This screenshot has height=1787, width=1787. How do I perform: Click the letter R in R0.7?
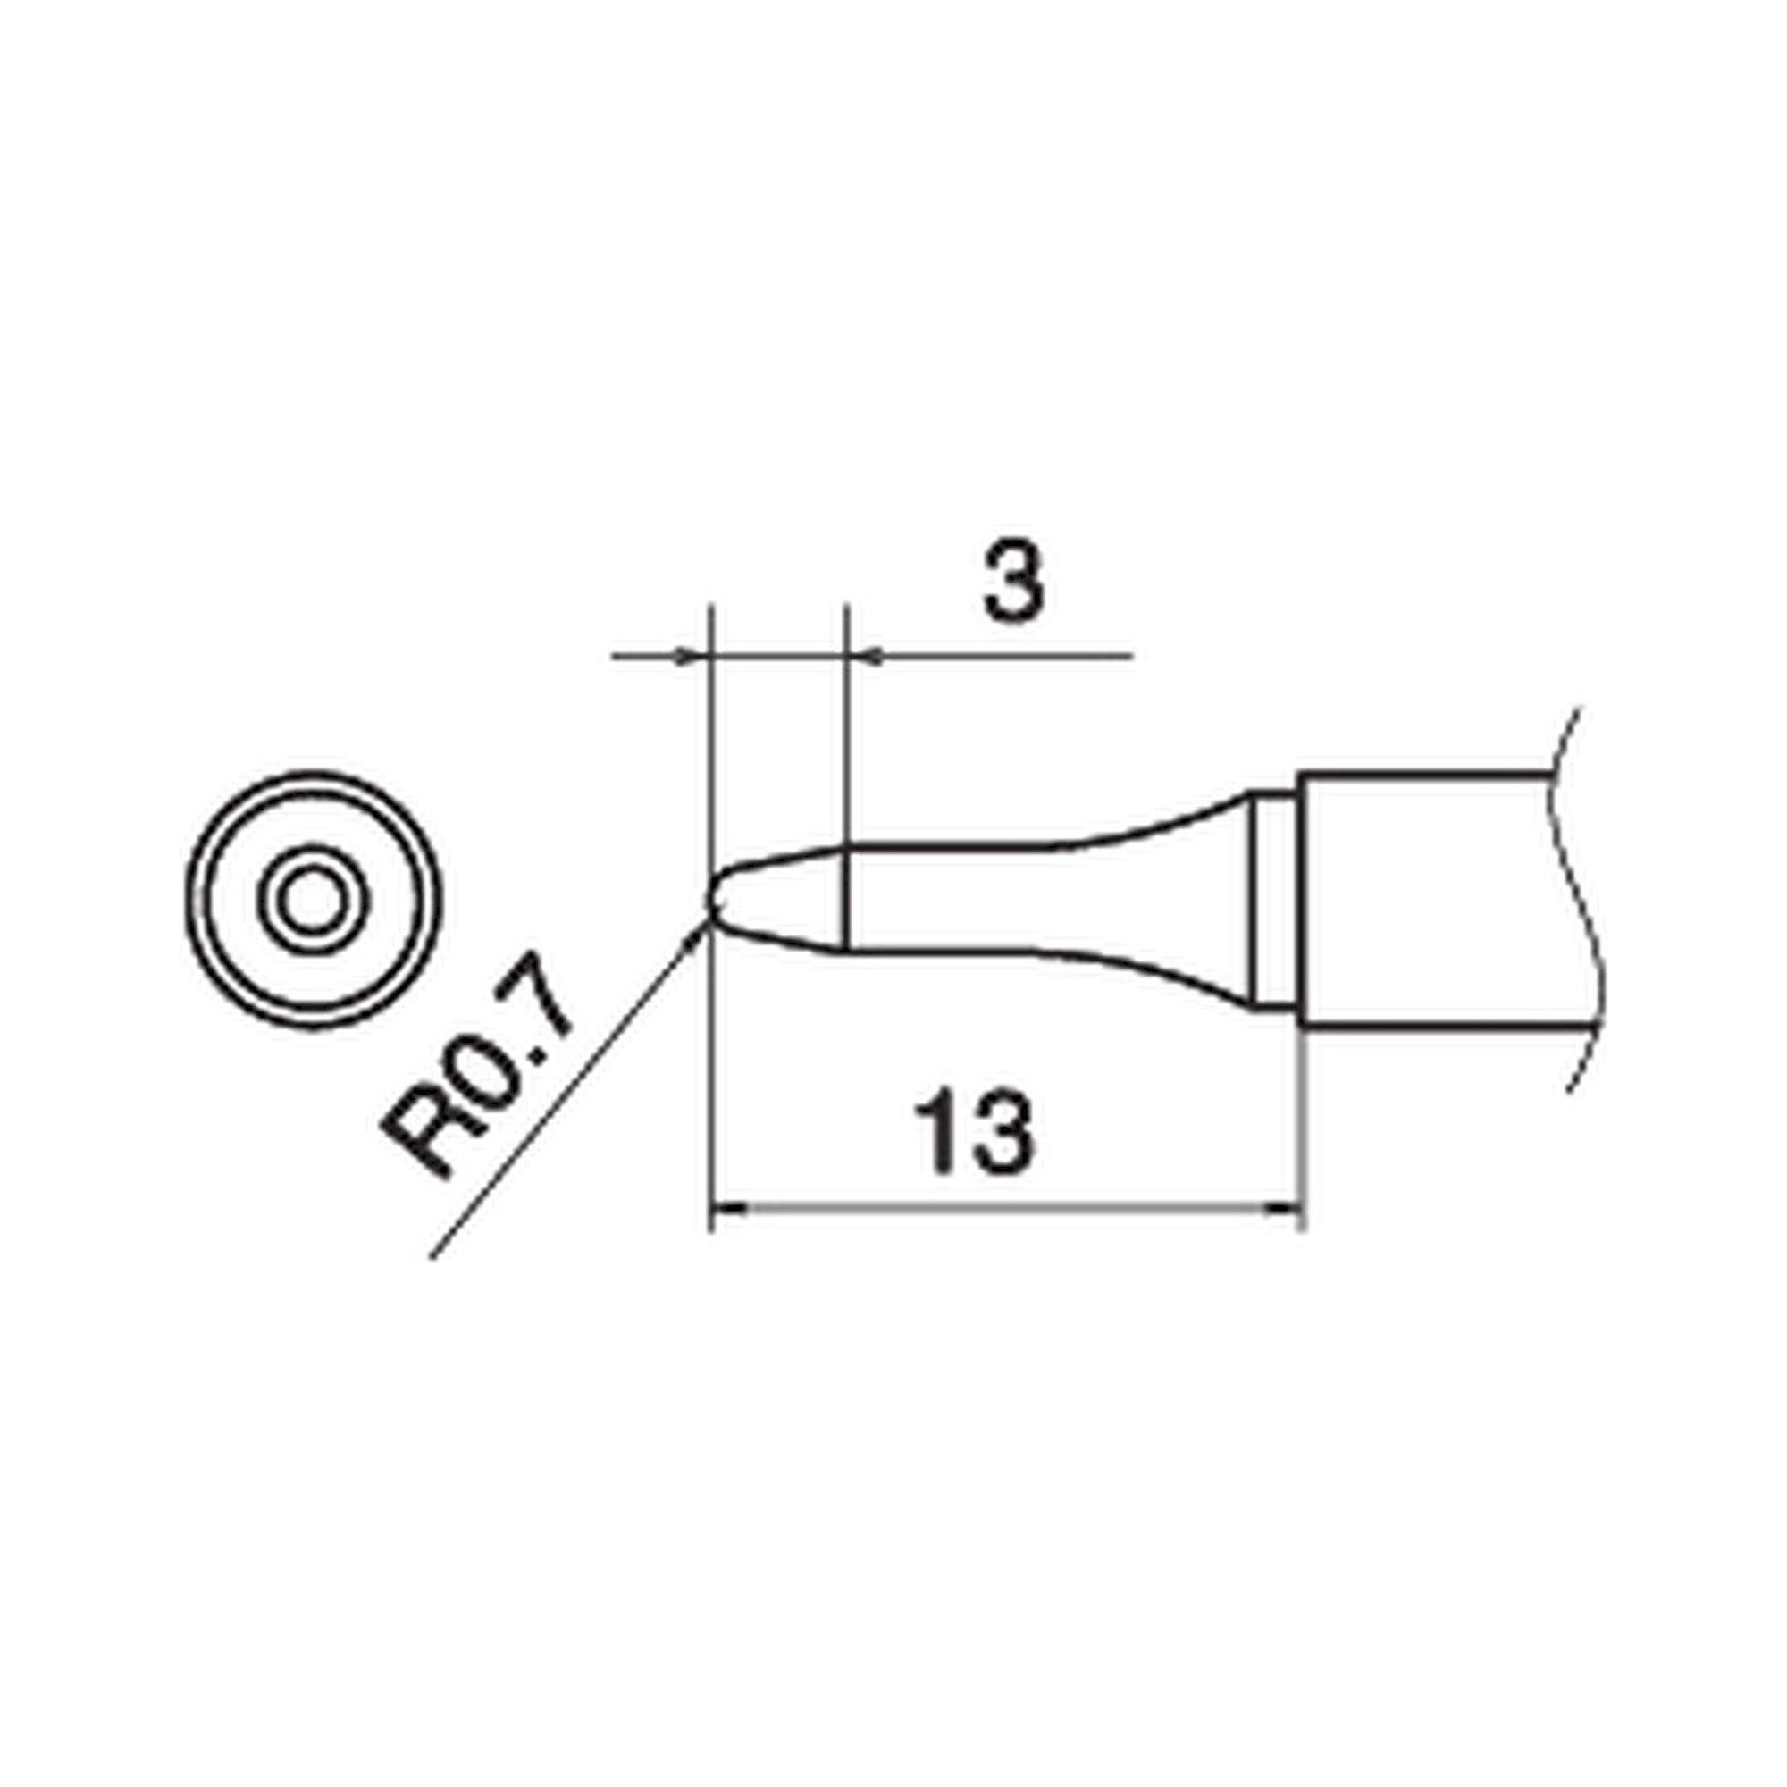pos(421,1141)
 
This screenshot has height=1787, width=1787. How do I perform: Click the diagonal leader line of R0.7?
pos(555,1101)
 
